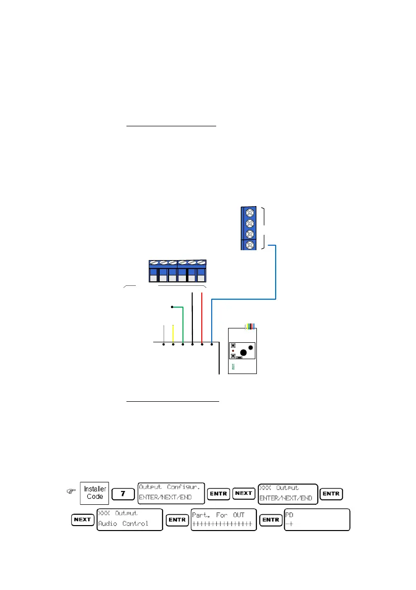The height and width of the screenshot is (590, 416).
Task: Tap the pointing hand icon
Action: tap(71, 492)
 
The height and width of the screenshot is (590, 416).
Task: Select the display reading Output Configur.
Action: tap(171, 493)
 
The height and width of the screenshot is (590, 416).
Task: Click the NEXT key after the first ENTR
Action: tap(244, 493)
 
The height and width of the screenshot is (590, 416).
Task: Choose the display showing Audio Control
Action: tap(129, 519)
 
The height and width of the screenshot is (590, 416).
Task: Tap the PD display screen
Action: tap(317, 519)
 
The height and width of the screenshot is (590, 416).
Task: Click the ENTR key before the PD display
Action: tap(270, 520)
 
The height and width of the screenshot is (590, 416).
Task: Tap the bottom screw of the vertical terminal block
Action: tap(250, 244)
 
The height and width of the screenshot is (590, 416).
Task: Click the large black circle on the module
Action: tap(242, 353)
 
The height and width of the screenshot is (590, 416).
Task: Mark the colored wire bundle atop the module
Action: tap(250, 325)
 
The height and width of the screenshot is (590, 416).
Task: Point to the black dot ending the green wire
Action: tap(172, 307)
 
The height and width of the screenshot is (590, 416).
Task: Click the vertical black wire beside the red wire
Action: tap(192, 317)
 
